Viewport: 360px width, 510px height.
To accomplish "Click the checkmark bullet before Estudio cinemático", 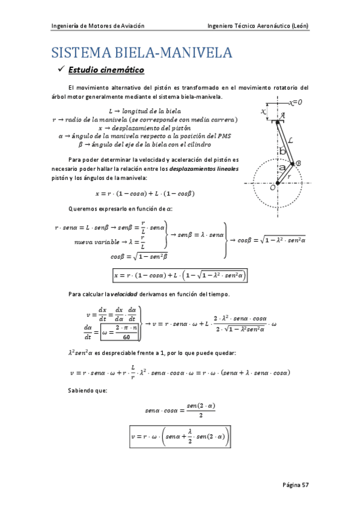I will pos(59,72).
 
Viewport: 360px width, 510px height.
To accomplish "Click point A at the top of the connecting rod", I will pos(283,115).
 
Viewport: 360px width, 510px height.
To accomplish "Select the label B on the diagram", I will pos(299,163).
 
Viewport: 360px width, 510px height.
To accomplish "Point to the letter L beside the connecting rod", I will pos(291,140).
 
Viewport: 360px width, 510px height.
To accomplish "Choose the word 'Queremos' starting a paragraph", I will pos(83,209).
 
